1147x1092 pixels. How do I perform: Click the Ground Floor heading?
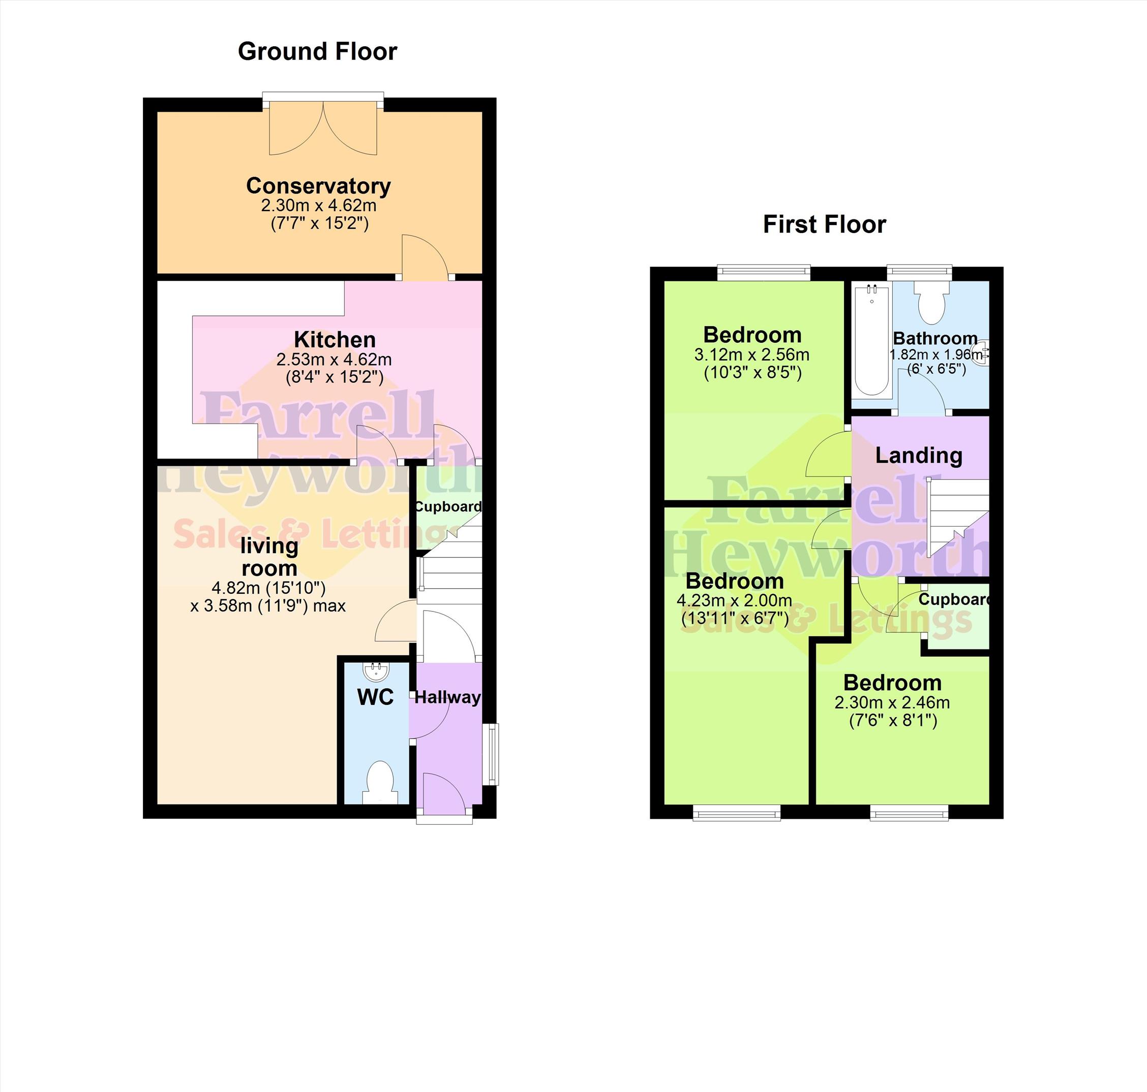[x=317, y=52]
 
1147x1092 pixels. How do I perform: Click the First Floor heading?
[x=824, y=224]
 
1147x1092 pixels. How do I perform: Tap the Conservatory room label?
[x=319, y=186]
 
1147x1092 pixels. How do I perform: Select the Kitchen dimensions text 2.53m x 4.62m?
[x=334, y=359]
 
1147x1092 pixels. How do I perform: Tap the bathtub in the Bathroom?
[x=871, y=340]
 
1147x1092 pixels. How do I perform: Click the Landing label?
[x=919, y=455]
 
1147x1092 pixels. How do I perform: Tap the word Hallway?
[x=447, y=697]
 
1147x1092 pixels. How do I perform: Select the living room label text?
[x=269, y=557]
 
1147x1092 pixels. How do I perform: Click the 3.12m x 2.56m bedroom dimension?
[x=751, y=355]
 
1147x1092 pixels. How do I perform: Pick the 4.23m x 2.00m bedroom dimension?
[x=734, y=600]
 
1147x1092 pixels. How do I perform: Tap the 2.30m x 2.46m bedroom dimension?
[x=892, y=702]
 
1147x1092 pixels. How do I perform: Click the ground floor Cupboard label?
[x=448, y=506]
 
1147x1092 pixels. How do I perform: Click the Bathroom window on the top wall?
[x=919, y=271]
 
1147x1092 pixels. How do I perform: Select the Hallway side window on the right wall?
[x=493, y=754]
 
